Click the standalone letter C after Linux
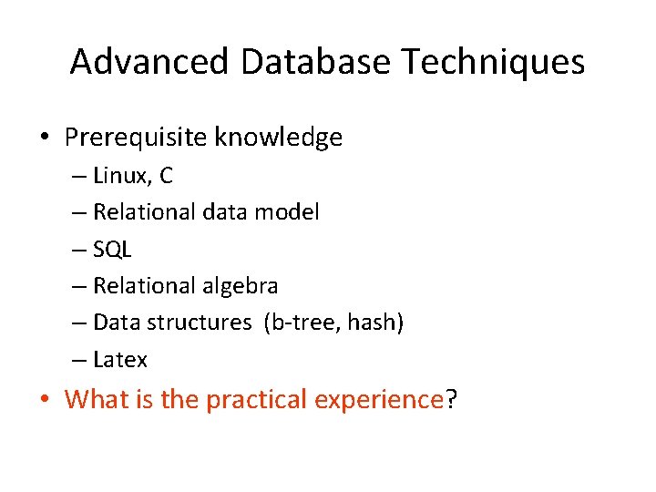166,175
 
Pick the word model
286,212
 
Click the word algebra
240,286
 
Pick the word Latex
120,360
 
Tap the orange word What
97,399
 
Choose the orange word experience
378,400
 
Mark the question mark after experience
449,399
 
